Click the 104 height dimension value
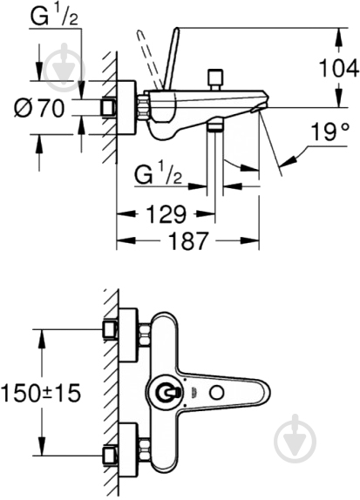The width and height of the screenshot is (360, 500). (x=339, y=68)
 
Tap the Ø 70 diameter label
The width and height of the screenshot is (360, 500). (x=39, y=108)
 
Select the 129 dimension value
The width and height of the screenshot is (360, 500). (x=166, y=214)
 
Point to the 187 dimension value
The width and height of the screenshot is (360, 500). (x=188, y=240)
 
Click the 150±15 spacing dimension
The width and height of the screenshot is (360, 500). (x=41, y=393)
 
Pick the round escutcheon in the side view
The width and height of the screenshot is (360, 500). (x=126, y=108)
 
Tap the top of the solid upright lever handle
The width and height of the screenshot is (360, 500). (x=176, y=30)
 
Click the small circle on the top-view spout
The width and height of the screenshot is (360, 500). (x=217, y=393)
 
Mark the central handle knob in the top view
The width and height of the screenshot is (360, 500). (x=165, y=393)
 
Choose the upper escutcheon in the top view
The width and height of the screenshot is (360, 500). (x=128, y=335)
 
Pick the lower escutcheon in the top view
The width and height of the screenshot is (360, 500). (x=128, y=450)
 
